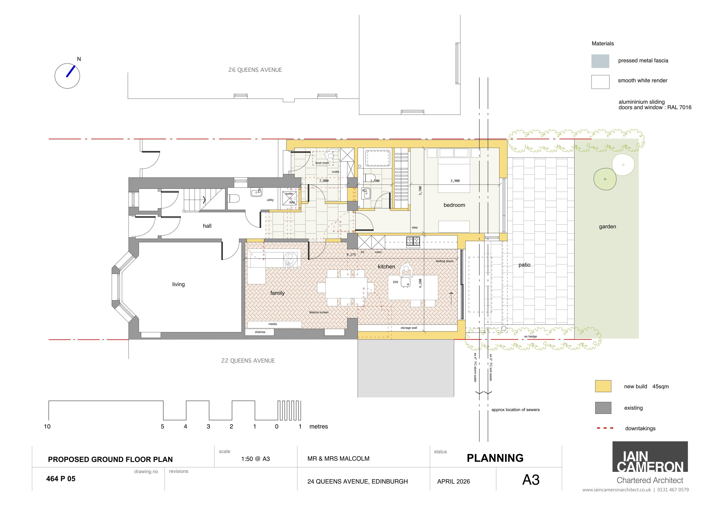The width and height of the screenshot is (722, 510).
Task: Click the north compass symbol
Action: tap(67, 76)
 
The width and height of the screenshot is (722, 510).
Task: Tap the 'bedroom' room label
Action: tap(454, 205)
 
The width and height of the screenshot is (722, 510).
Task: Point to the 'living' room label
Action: tap(178, 284)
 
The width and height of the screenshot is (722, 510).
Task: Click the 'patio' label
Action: tap(524, 265)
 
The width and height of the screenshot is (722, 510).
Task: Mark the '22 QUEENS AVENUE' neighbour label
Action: tap(248, 361)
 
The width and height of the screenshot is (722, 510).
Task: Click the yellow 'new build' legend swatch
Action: tap(603, 386)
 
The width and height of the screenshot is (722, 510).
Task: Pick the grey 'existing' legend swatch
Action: tap(603, 408)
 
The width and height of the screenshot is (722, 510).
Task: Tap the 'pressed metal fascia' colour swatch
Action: tap(600, 61)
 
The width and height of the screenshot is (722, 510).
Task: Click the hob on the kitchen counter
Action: tap(413, 241)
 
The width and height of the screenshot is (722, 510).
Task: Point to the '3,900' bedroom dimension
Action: tap(455, 181)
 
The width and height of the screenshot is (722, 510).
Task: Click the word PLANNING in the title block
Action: tap(495, 458)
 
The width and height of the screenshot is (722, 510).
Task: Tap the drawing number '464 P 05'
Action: tap(61, 479)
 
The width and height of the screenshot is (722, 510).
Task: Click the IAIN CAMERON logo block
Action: tap(650, 457)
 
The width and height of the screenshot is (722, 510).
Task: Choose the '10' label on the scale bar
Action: tap(47, 426)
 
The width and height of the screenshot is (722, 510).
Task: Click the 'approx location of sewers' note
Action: tap(515, 410)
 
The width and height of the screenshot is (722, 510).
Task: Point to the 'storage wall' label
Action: tap(408, 328)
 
